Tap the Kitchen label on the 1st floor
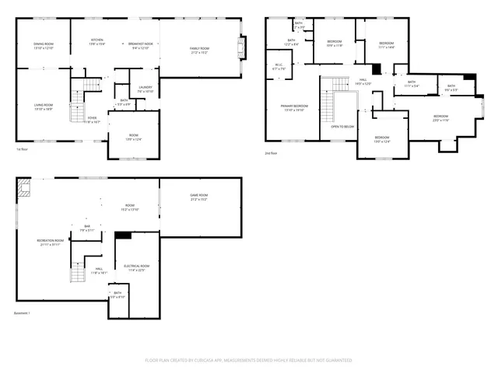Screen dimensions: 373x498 [x=97, y=41]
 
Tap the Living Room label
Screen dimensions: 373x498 [x=43, y=107]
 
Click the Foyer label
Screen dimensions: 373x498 [x=92, y=120]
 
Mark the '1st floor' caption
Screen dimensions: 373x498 [x=23, y=149]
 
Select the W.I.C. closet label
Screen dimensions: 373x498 [x=279, y=67]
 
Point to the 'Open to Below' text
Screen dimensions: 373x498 [x=342, y=126]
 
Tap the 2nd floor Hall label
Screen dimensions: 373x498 [x=363, y=81]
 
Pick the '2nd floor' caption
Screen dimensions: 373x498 [x=271, y=153]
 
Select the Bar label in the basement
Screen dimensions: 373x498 [x=86, y=228]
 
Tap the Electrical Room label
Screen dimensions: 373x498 [x=135, y=268]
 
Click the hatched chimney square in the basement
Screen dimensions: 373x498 [x=24, y=186]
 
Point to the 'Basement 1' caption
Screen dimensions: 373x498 [x=23, y=313]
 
